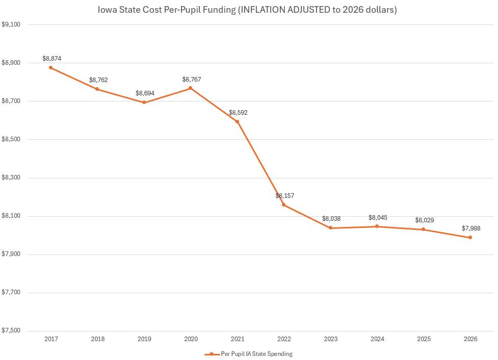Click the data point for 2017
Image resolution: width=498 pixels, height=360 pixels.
pos(50,67)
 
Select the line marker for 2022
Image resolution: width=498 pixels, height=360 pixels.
pos(283,205)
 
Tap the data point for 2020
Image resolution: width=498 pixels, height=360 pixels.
pos(190,88)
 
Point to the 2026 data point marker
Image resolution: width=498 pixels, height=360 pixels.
pos(470,238)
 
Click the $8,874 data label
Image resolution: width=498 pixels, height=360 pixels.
pos(52,59)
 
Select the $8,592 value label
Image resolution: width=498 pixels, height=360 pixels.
pos(238,113)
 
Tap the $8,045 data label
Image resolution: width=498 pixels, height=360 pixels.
pos(378,218)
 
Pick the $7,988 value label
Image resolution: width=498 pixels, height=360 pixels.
pos(471,228)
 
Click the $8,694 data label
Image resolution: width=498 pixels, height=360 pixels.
pos(145,94)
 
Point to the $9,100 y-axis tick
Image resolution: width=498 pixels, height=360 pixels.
pos(11,24)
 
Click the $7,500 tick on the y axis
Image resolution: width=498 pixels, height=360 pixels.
pos(11,331)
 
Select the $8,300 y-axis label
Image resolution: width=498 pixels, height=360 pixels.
pos(11,178)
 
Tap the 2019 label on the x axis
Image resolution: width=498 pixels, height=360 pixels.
pos(144,339)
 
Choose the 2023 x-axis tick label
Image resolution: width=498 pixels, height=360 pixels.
pos(330,339)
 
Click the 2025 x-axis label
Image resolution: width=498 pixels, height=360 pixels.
pos(424,339)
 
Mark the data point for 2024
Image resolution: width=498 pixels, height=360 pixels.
pos(377,226)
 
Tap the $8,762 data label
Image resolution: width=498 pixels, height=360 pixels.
pos(98,80)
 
